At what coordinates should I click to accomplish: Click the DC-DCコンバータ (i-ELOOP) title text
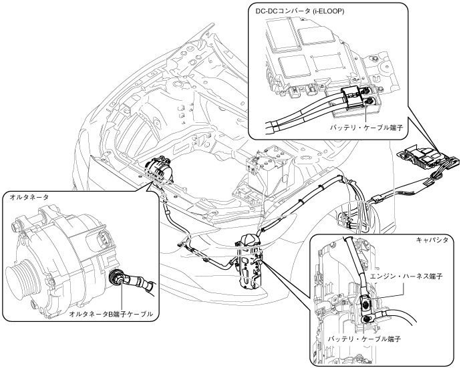[300, 11]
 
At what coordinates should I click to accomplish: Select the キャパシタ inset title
[432, 240]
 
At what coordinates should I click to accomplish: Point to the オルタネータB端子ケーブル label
[111, 314]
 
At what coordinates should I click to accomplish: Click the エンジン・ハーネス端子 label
[406, 277]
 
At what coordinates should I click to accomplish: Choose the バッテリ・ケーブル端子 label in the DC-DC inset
[365, 128]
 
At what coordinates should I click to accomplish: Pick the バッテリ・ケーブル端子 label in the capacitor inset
[365, 339]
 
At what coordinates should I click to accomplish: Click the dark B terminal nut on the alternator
[116, 277]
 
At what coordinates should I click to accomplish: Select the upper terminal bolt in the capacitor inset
[365, 304]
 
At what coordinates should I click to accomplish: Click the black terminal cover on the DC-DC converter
[351, 96]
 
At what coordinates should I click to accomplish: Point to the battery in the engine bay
[265, 174]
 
